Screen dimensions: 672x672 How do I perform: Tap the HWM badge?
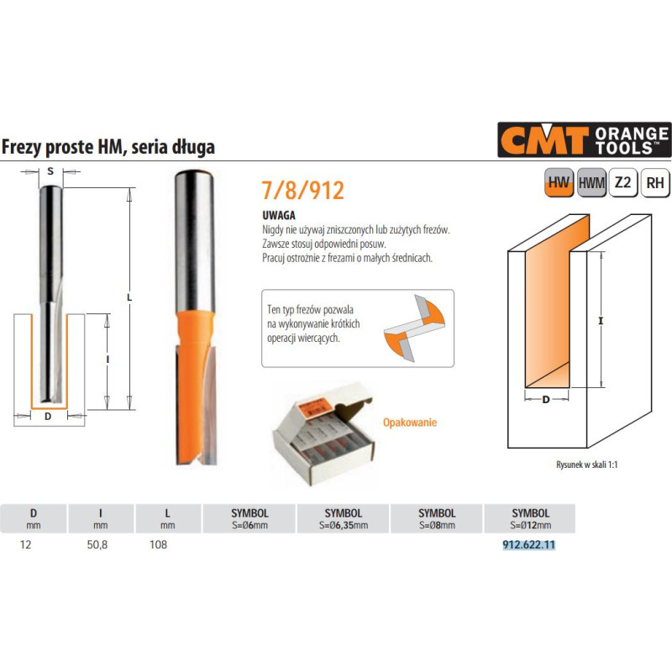coord(591,182)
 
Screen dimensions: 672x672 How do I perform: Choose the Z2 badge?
coord(622,182)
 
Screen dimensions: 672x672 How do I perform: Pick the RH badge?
coord(654,182)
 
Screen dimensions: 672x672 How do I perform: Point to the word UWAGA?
coord(277,215)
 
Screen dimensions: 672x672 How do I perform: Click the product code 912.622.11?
coord(529,544)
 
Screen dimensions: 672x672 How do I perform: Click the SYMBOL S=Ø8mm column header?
coord(437,518)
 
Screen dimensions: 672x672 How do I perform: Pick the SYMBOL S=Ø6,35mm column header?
coord(343,518)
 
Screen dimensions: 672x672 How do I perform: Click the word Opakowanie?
coord(410,423)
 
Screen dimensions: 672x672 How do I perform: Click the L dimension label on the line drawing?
coord(129,297)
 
